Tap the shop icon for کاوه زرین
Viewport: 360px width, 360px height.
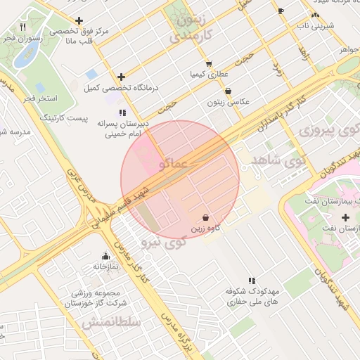205,218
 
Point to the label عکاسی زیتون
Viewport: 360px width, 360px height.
226,103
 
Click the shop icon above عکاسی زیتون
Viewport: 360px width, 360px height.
228,91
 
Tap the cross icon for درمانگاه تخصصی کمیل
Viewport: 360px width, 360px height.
122,77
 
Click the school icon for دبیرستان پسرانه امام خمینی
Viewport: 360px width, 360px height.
123,112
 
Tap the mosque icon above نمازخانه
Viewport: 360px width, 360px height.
105,256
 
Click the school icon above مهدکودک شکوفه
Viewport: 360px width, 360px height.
252,281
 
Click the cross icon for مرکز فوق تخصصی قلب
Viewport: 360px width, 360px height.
79,20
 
